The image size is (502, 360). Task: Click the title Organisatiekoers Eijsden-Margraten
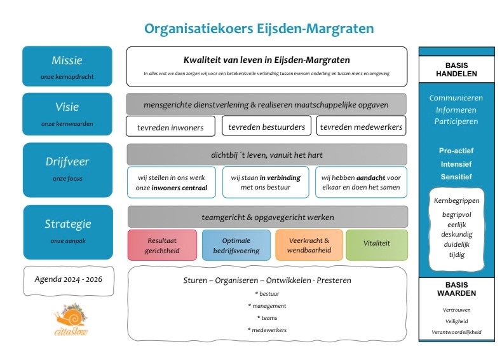tap(259, 29)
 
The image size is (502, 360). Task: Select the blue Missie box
tap(67, 66)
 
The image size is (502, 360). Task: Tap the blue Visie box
tap(67, 113)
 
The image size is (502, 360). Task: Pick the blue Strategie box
tap(67, 229)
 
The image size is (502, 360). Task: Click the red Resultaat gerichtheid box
tap(162, 246)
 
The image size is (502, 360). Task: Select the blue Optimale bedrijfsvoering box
tap(236, 246)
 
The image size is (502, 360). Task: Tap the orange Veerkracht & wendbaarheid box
tap(309, 246)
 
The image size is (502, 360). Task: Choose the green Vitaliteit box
tap(377, 246)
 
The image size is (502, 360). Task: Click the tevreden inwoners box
tap(170, 127)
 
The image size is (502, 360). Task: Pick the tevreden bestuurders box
tap(267, 127)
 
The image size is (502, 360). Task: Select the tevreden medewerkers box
tap(361, 127)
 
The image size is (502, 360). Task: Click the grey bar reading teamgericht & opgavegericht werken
tap(267, 217)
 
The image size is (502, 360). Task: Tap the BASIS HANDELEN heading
tap(457, 69)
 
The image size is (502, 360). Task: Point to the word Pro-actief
tap(456, 151)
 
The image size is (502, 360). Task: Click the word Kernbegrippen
tap(456, 200)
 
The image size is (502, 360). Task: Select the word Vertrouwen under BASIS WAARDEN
tap(456, 310)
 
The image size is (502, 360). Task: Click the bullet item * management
tap(267, 306)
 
